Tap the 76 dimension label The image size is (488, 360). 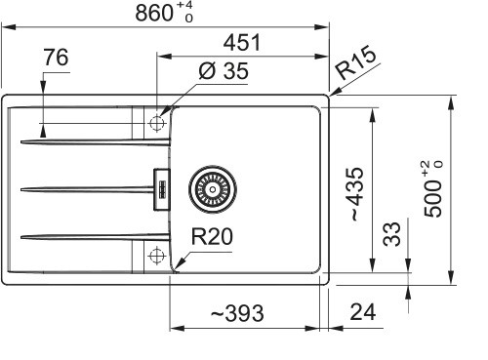point(57,60)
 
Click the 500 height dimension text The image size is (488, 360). point(434,189)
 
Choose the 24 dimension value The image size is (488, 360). point(362,313)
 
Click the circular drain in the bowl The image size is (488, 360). point(212,185)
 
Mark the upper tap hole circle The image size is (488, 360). point(155,123)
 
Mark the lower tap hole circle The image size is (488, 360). point(155,257)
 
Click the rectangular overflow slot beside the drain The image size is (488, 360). point(160,186)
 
